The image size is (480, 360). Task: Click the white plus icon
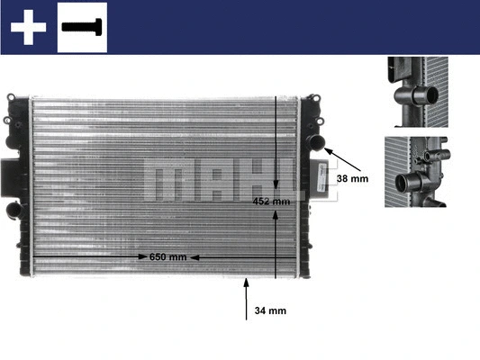(28, 27)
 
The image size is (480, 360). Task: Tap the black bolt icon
(82, 27)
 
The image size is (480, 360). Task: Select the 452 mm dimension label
(272, 202)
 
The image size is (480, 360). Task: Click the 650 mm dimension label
(168, 256)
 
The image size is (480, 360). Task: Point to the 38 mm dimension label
(353, 178)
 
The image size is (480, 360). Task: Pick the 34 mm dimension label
(270, 311)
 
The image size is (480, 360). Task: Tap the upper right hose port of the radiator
(315, 141)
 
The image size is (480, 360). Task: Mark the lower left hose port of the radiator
(12, 210)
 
